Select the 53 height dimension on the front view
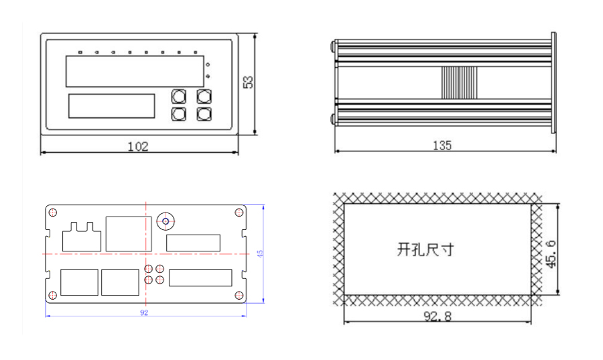pos(248,82)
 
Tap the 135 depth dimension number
pos(442,145)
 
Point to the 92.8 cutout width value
pos(437,316)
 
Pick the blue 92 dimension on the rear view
pos(144,312)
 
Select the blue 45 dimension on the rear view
pos(260,253)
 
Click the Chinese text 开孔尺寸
pos(425,250)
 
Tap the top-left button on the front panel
pos(178,97)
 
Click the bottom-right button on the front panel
pos(204,114)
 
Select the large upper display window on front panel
pos(135,71)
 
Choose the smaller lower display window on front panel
pos(111,106)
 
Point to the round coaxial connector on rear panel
pos(165,221)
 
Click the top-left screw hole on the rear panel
pos(52,213)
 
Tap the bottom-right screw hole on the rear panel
pos(239,296)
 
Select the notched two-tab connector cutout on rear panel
pos(81,239)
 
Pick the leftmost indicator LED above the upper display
pos(80,52)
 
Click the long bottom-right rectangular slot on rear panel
pos(200,278)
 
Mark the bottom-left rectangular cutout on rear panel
pos(79,282)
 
